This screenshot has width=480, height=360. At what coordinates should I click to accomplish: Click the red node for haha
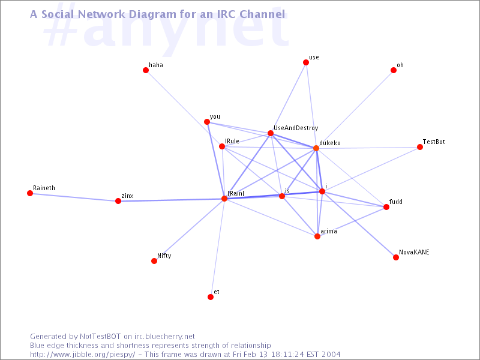click(x=146, y=70)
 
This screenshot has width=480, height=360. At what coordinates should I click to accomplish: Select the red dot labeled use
click(x=306, y=62)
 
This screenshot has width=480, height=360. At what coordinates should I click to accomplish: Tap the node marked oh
click(x=394, y=70)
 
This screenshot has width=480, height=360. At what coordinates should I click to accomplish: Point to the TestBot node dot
click(x=420, y=147)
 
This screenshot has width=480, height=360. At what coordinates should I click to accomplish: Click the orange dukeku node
click(x=316, y=148)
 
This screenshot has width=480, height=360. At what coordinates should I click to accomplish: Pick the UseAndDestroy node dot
click(x=271, y=133)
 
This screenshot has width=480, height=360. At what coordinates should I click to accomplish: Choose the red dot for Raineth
click(x=30, y=193)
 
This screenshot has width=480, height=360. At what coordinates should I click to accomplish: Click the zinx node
click(x=118, y=201)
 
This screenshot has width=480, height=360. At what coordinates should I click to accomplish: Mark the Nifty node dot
click(x=154, y=261)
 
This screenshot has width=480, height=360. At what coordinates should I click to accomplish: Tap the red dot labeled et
click(x=211, y=297)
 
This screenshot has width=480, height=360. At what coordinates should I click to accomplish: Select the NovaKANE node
click(x=396, y=257)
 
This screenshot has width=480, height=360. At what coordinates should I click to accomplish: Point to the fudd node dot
click(x=386, y=207)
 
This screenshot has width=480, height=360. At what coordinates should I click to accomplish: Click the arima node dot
click(x=317, y=236)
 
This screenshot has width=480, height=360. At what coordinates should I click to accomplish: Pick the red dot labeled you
click(x=207, y=122)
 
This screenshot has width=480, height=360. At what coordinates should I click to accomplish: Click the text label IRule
click(x=232, y=141)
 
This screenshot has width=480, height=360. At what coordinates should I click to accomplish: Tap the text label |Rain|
click(x=236, y=193)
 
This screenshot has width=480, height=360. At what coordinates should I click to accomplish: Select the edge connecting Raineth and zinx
click(x=74, y=197)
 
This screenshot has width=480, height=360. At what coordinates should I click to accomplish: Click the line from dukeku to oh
click(x=355, y=109)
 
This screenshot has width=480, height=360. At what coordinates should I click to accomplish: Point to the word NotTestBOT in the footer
click(x=100, y=337)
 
